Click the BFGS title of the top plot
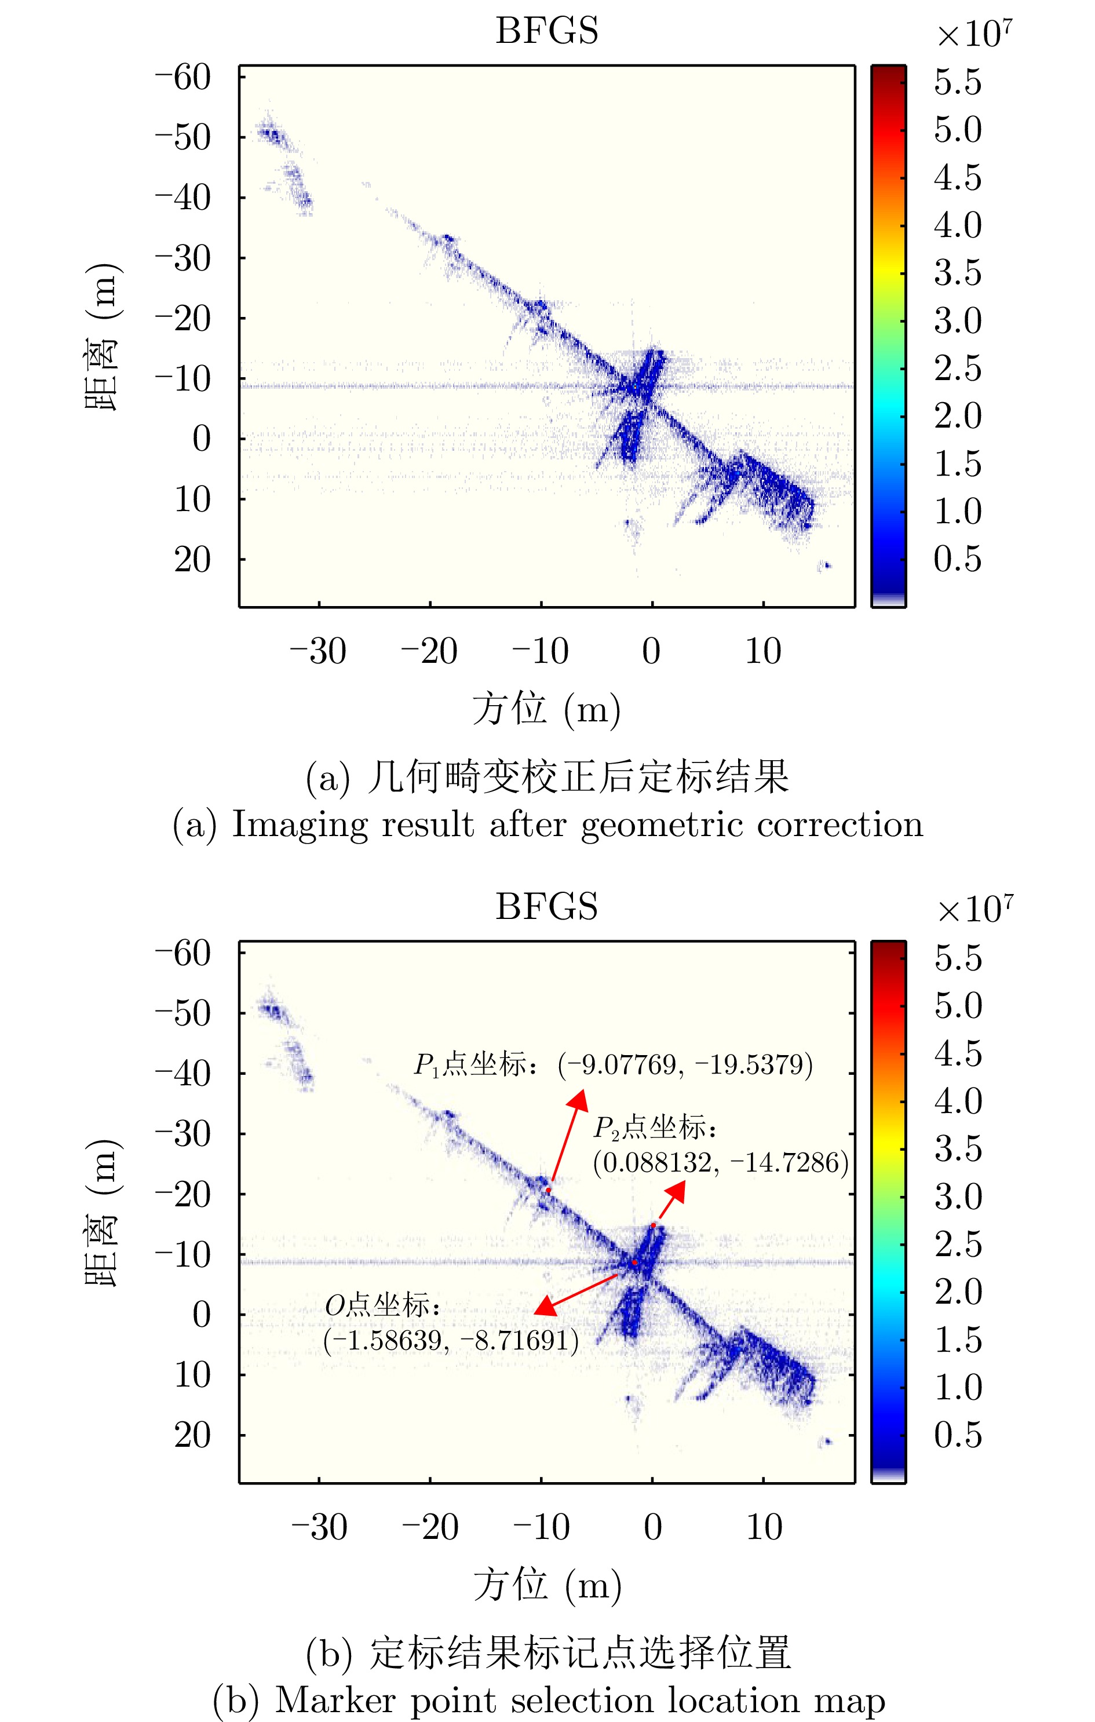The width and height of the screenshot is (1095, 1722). [546, 31]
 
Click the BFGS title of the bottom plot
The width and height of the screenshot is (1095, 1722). [546, 907]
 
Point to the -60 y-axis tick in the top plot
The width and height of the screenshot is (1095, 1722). [184, 76]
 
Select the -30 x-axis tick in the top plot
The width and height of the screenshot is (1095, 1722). [317, 651]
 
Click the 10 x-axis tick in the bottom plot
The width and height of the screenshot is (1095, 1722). [764, 1527]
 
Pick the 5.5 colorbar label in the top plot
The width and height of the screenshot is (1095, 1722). [958, 82]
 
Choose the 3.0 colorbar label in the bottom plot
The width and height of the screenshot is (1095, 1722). [958, 1196]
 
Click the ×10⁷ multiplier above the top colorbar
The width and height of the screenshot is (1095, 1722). [974, 34]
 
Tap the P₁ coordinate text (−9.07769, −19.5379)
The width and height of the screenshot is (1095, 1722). [685, 1065]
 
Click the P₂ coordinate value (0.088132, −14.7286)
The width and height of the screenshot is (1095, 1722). [720, 1162]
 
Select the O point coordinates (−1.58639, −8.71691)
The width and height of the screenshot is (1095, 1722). [451, 1340]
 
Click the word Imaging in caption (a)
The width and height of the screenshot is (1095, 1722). [300, 824]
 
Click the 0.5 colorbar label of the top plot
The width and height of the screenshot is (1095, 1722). [958, 559]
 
